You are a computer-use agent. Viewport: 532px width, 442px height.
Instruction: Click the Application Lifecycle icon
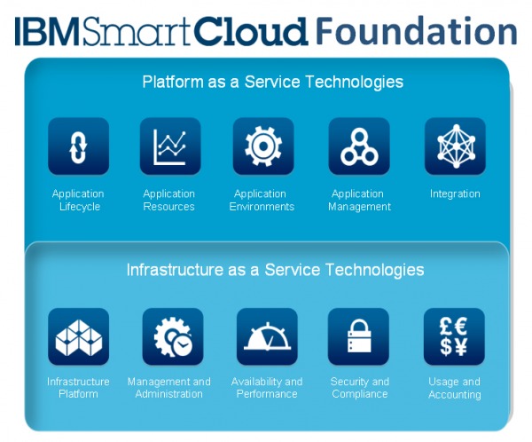click(x=78, y=146)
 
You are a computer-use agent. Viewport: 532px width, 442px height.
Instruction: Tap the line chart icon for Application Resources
click(x=169, y=146)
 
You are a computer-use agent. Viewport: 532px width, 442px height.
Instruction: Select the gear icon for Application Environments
click(x=263, y=146)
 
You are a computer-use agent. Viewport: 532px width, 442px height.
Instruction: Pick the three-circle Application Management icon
click(x=359, y=146)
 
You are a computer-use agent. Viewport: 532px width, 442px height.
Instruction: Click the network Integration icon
click(x=455, y=146)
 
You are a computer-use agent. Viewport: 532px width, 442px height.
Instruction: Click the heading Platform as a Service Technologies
click(x=272, y=83)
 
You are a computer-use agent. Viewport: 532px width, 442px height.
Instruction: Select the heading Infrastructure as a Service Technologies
click(x=275, y=270)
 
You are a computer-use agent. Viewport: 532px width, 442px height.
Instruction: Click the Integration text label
click(x=455, y=193)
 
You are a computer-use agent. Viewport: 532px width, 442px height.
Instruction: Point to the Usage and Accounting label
click(x=454, y=388)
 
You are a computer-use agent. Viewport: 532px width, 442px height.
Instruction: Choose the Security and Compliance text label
click(x=360, y=388)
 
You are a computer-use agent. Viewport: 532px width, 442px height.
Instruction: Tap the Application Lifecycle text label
click(x=78, y=200)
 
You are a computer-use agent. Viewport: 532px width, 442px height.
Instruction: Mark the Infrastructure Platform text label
click(x=78, y=388)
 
